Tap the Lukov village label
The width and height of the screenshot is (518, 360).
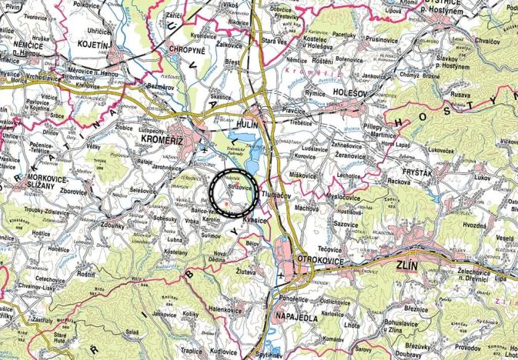pyautogui.click(x=483, y=177)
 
